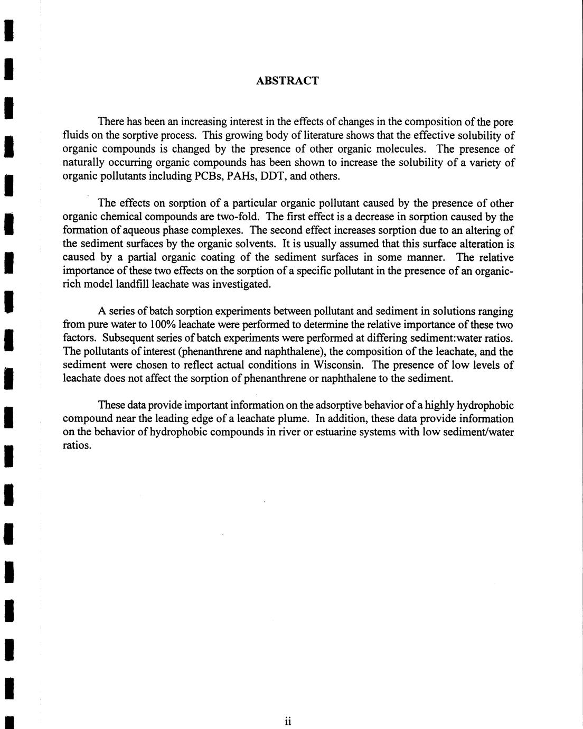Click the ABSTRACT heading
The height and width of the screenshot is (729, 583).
287,81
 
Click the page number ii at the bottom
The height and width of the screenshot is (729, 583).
288,722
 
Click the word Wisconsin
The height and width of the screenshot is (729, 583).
337,365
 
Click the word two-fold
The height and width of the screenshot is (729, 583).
241,217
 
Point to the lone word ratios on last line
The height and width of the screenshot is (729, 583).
77,445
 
